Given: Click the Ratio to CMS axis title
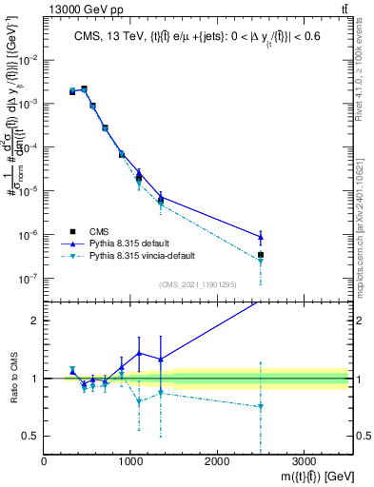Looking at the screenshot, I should tap(12, 379).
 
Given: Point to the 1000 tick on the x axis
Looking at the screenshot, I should tap(130, 458).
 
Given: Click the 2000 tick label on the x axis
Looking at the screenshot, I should tap(217, 458).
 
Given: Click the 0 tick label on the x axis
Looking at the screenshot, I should tap(45, 458).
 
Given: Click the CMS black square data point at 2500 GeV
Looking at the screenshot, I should tap(261, 255).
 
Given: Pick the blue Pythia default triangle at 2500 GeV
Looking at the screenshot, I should tap(261, 237).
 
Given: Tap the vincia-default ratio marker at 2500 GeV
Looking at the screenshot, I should tap(261, 406).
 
